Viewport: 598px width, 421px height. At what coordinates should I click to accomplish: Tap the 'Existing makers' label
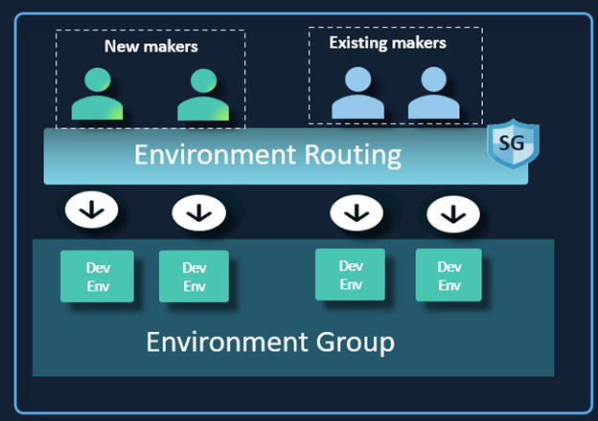pyautogui.click(x=387, y=43)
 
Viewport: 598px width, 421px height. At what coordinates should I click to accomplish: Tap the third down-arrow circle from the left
pyautogui.click(x=356, y=211)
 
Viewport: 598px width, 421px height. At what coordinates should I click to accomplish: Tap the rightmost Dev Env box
pyautogui.click(x=448, y=276)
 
